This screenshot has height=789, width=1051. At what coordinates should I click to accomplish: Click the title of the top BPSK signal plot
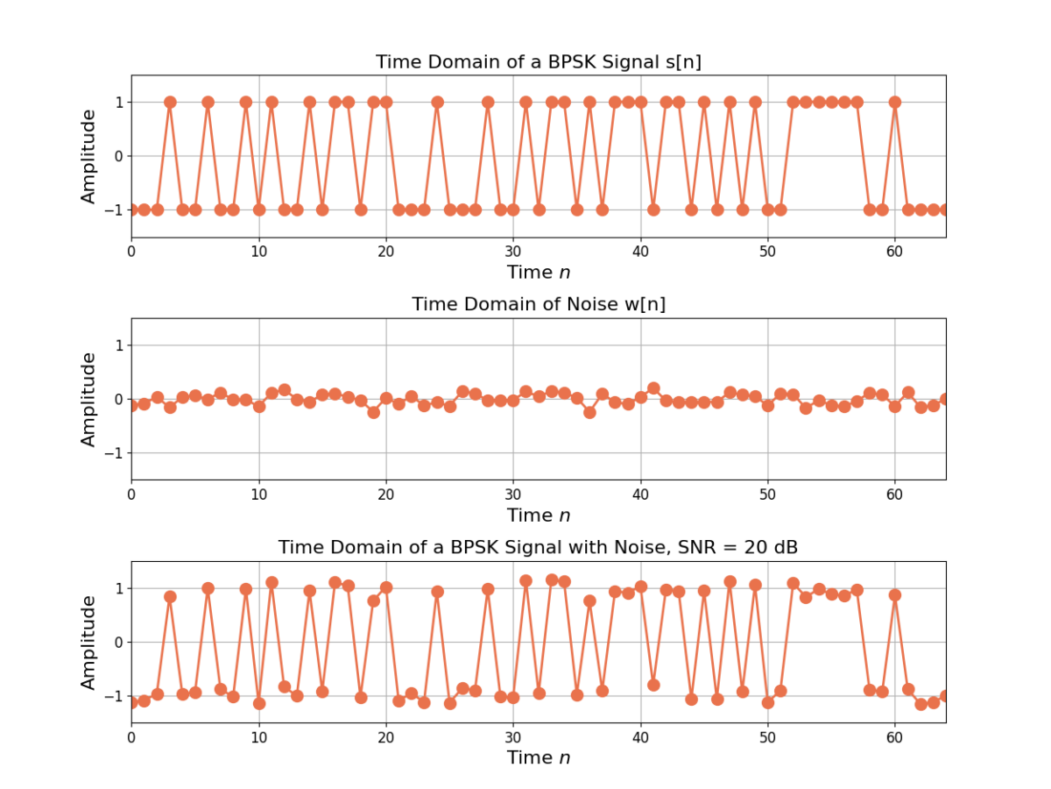pos(538,62)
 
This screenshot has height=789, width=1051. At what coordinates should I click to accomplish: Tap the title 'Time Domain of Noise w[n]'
pos(538,304)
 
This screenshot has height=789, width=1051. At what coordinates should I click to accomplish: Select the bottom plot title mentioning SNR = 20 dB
pos(538,547)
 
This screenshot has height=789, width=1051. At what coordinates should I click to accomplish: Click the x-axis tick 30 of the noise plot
pos(513,494)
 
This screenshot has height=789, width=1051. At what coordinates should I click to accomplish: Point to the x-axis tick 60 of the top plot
pos(895,251)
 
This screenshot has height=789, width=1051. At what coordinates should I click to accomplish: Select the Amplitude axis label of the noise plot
pos(88,399)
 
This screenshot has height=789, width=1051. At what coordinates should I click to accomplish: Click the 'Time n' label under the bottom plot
pos(538,757)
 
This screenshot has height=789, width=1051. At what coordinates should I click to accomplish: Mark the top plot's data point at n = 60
pos(895,102)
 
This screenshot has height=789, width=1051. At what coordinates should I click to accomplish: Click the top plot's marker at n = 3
pos(170,102)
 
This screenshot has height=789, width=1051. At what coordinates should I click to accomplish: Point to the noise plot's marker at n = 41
pos(653,388)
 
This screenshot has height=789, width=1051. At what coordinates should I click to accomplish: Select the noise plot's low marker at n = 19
pos(373,412)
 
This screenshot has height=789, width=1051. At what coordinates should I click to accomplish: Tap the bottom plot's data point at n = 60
pos(895,595)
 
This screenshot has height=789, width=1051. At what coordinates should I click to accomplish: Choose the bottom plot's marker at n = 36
pos(589,601)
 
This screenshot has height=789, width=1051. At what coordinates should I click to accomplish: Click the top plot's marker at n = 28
pos(488,102)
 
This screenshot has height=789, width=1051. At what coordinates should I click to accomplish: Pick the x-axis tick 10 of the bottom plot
pos(258,736)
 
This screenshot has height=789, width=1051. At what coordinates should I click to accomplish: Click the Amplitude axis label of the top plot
pos(88,156)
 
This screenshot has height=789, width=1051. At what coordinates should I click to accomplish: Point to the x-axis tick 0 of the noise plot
pos(131,494)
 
